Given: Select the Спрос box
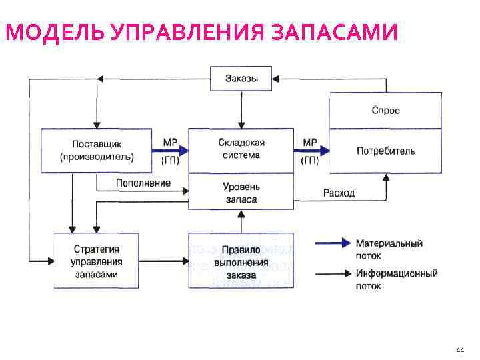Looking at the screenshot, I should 385,110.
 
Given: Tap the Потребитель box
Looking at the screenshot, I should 385,151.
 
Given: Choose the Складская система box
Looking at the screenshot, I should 241,149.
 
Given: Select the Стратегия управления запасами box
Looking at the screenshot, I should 97,261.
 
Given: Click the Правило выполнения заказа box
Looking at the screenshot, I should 241,261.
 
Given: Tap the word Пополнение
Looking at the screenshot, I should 143,183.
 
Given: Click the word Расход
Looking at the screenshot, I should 339,193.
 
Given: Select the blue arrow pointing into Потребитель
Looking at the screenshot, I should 311,151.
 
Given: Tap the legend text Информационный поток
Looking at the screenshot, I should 396,279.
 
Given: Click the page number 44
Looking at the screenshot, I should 460,350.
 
